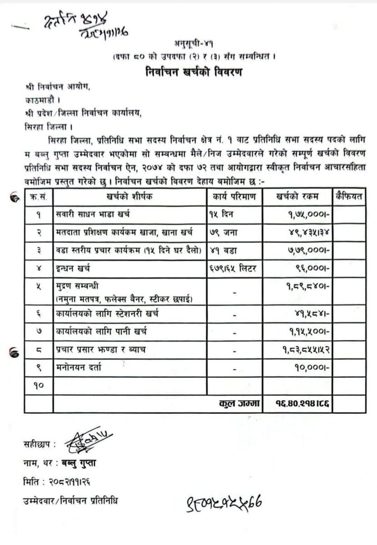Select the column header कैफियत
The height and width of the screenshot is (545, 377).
click(348, 196)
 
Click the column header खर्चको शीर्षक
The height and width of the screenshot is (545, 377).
click(130, 197)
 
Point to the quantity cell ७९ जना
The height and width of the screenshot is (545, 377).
click(223, 232)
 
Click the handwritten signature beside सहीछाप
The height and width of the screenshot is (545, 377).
click(88, 442)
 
